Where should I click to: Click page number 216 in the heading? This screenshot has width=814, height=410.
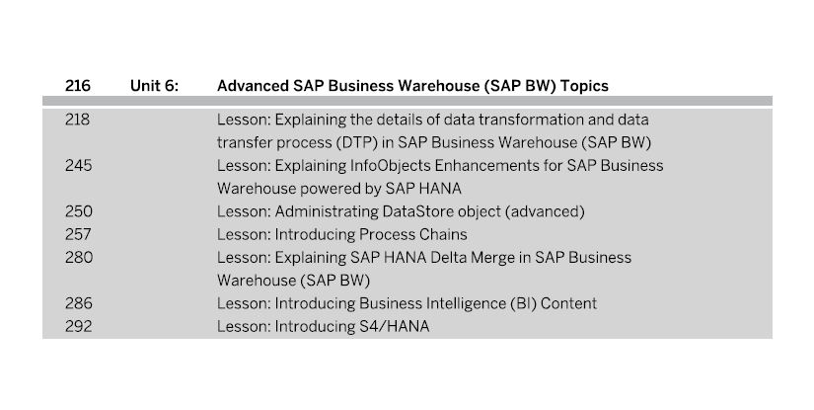(x=78, y=86)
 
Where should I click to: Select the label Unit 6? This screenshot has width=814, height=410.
(x=154, y=86)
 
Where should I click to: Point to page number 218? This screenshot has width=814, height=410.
(x=77, y=120)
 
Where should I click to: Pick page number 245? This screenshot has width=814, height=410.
(x=78, y=165)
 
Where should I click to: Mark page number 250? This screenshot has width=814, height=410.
(x=78, y=211)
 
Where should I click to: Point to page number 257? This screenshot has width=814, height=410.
(x=78, y=234)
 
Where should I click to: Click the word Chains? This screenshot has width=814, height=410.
(x=443, y=234)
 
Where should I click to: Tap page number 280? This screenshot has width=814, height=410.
(x=79, y=257)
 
